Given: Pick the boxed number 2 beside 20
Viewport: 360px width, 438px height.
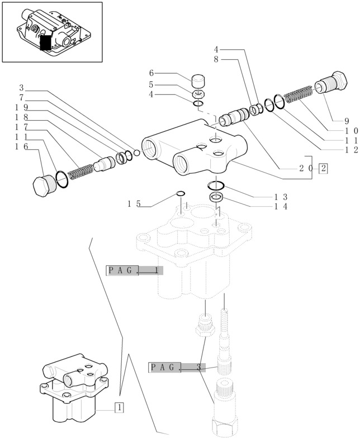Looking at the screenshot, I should click(324, 168).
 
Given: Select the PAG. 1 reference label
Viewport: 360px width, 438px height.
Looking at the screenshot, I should click(134, 271).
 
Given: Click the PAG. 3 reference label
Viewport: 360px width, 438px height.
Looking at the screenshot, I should click(177, 368).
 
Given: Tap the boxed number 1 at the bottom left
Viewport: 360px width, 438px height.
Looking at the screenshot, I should click(119, 407).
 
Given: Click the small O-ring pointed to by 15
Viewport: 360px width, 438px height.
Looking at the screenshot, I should click(181, 194).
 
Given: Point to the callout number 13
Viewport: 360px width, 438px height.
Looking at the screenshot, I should click(281, 197).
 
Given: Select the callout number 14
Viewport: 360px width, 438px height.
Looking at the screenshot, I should click(281, 207).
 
